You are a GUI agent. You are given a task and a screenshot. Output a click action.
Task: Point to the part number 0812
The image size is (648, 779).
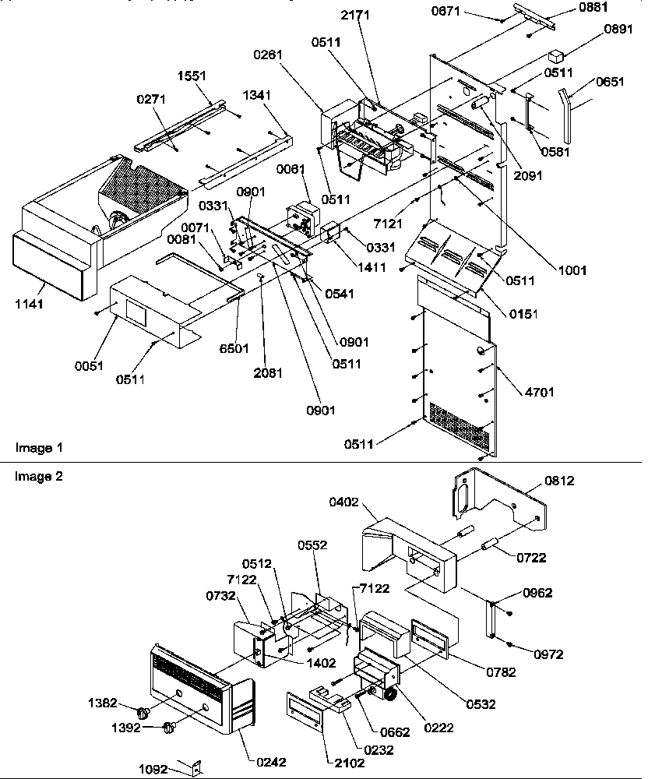(559, 481)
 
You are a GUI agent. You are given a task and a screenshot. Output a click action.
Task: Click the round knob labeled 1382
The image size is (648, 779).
(143, 712)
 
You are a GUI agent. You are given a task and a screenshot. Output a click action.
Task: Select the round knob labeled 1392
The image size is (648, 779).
(167, 728)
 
